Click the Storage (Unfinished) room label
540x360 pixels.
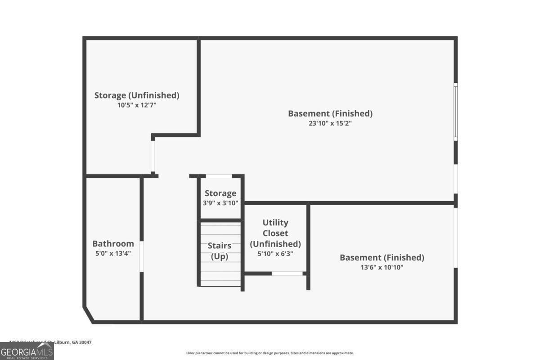137,95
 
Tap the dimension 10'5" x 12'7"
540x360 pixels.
137,105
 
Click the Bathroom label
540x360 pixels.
113,243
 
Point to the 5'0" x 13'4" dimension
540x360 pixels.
113,253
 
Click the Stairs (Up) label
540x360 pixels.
220,251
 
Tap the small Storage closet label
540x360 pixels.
220,193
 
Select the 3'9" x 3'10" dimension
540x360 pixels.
220,203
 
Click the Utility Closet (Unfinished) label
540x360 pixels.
275,233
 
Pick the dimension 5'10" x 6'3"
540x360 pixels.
275,254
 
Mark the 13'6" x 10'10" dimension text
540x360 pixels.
382,267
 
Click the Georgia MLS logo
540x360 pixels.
27,351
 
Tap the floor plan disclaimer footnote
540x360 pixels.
270,353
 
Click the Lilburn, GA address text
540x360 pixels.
50,342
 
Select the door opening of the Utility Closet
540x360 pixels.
287,274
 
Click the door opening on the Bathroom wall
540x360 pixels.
142,256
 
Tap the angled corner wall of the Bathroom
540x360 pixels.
89,315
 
